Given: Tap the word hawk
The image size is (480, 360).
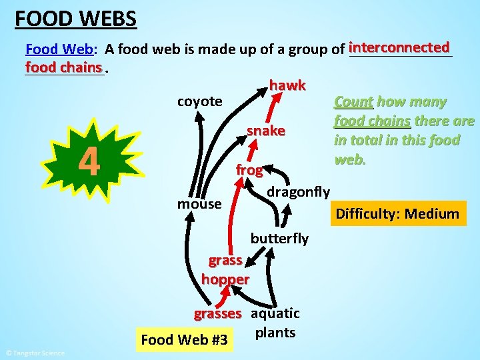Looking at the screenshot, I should [287, 85].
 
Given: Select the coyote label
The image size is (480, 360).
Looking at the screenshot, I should [199, 101].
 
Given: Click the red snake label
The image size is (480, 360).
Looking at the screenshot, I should [266, 131].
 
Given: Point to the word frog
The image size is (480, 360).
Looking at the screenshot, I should [249, 170].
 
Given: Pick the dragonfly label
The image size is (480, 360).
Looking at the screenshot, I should [298, 192].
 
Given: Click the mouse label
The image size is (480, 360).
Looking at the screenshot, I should [199, 203].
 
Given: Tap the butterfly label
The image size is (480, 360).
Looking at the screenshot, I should [279, 238].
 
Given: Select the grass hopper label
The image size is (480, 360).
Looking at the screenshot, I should [225, 270].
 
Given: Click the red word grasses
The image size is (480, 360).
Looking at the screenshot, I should [217, 313].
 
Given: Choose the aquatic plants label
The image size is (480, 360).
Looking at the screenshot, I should [275, 323].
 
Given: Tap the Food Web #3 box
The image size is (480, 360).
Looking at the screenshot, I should [184, 340].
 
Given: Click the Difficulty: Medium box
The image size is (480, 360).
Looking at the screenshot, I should [397, 214].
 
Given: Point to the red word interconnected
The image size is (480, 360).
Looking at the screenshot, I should [399, 47].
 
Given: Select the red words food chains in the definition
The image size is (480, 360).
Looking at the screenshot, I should [64, 67].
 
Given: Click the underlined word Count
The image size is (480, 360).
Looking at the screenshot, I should [353, 102].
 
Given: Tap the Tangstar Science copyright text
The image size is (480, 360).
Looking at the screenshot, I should [35, 353].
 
